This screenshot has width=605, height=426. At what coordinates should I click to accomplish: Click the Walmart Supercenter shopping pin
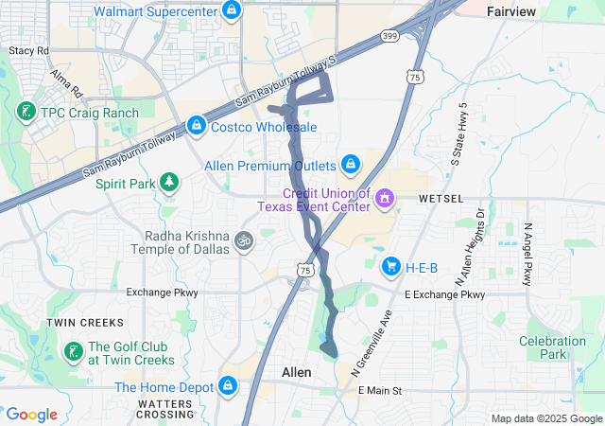(232, 10)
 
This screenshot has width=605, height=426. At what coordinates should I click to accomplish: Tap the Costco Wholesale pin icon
(197, 124)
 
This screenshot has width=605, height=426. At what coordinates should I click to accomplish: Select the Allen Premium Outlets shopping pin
(351, 164)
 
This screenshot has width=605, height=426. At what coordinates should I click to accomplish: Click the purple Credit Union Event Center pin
(385, 199)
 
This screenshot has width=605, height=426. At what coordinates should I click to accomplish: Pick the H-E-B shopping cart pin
(390, 267)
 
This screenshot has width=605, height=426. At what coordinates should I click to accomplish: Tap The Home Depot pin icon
(228, 385)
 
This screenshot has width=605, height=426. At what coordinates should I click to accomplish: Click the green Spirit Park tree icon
(169, 182)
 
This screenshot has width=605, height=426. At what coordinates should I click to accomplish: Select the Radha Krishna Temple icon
(244, 241)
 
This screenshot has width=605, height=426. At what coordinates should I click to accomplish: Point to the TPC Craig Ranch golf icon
(26, 113)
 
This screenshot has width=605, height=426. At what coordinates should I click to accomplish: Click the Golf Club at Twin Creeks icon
(73, 353)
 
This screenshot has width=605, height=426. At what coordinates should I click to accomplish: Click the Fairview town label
(510, 11)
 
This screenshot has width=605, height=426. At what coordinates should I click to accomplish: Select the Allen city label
(297, 372)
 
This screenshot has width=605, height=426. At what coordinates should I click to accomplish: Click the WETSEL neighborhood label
(441, 199)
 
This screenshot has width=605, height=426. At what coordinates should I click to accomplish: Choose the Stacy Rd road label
(28, 50)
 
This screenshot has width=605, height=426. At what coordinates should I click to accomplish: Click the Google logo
(31, 415)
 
